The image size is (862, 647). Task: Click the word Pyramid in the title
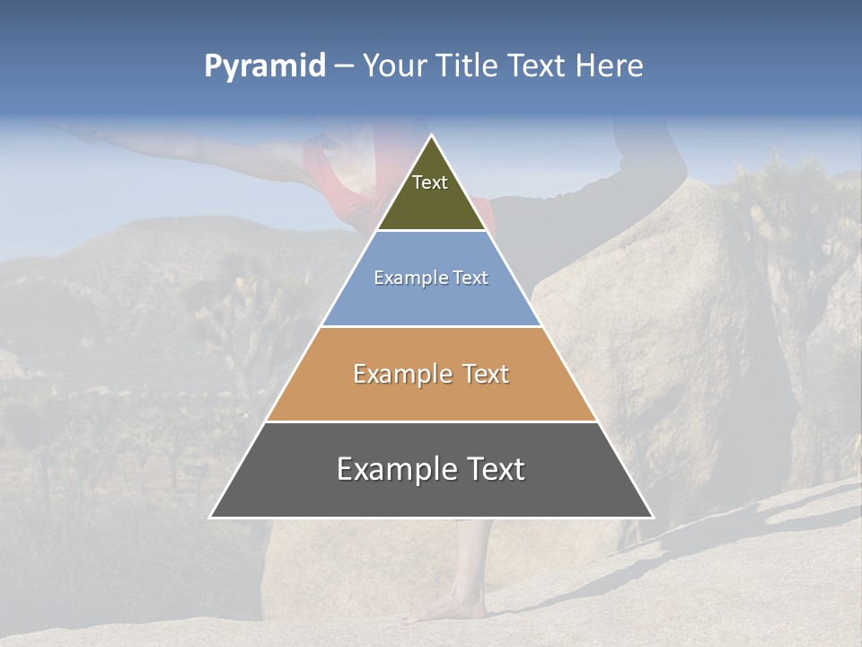click(x=265, y=66)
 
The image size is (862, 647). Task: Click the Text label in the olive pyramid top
click(x=430, y=182)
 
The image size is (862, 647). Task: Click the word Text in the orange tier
click(x=486, y=374)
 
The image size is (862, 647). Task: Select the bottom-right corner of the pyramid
click(x=652, y=517)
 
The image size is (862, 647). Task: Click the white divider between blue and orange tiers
click(x=431, y=326)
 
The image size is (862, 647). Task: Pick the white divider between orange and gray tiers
click(x=431, y=421)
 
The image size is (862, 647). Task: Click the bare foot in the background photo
click(x=440, y=612)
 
